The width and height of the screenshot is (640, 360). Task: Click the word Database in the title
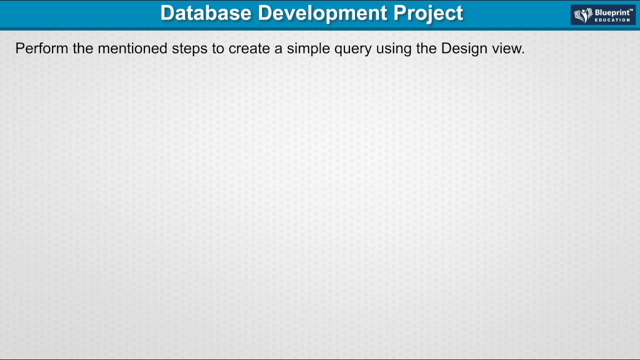(x=205, y=13)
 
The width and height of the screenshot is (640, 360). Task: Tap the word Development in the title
(x=322, y=13)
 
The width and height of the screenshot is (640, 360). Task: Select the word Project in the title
(x=428, y=13)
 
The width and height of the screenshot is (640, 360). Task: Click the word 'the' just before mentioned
(x=83, y=48)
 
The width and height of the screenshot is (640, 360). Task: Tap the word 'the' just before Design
(x=426, y=48)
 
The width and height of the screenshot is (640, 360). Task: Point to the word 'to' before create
(x=218, y=48)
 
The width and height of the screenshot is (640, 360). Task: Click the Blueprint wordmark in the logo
(x=613, y=12)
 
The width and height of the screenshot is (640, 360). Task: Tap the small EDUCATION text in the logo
(x=612, y=20)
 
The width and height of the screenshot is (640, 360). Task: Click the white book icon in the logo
(x=583, y=15)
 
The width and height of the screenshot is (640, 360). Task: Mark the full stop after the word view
(x=523, y=52)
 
